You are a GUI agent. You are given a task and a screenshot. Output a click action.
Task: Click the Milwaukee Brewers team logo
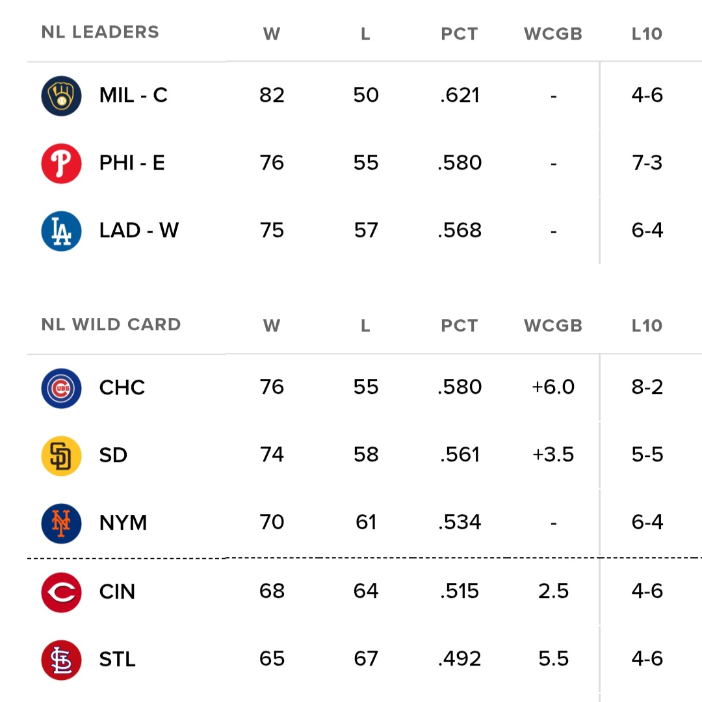pyautogui.click(x=61, y=96)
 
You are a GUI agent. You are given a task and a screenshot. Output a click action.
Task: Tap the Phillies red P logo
pyautogui.click(x=61, y=163)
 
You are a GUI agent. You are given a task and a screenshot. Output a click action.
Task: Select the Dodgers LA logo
pyautogui.click(x=61, y=231)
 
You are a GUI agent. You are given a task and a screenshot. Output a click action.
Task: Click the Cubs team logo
pyautogui.click(x=61, y=388)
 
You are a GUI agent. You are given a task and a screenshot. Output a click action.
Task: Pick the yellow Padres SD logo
pyautogui.click(x=61, y=456)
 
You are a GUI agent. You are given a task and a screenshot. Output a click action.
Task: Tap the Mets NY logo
pyautogui.click(x=61, y=523)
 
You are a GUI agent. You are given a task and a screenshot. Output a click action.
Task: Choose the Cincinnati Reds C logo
pyautogui.click(x=61, y=592)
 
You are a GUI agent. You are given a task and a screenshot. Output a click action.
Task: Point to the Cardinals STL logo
pyautogui.click(x=61, y=660)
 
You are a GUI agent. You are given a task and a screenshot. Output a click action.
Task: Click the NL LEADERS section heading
pyautogui.click(x=100, y=32)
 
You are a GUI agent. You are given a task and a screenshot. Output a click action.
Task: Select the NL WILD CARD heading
pyautogui.click(x=111, y=325)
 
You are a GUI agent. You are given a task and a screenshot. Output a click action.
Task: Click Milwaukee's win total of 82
pyautogui.click(x=272, y=96)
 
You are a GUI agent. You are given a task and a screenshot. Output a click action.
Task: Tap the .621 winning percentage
pyautogui.click(x=460, y=96)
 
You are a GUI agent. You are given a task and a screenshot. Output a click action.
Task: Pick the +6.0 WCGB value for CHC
pyautogui.click(x=553, y=387)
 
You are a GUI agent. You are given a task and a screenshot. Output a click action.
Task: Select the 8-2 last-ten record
pyautogui.click(x=647, y=387)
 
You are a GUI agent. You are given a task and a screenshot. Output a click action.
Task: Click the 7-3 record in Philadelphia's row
pyautogui.click(x=647, y=162)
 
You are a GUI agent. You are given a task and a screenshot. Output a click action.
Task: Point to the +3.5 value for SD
pyautogui.click(x=553, y=455)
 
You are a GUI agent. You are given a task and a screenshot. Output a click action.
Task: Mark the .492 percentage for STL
pyautogui.click(x=460, y=659)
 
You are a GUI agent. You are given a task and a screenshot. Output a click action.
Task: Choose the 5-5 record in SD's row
pyautogui.click(x=647, y=455)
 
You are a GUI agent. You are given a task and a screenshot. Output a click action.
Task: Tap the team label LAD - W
pyautogui.click(x=139, y=231)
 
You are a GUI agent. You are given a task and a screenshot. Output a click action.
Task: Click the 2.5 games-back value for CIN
pyautogui.click(x=554, y=591)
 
